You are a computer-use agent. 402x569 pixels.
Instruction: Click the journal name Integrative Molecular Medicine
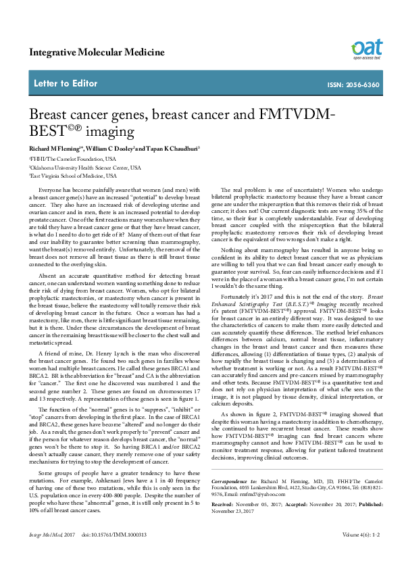[97, 52]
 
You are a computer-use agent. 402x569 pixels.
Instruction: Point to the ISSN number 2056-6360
[363, 84]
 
